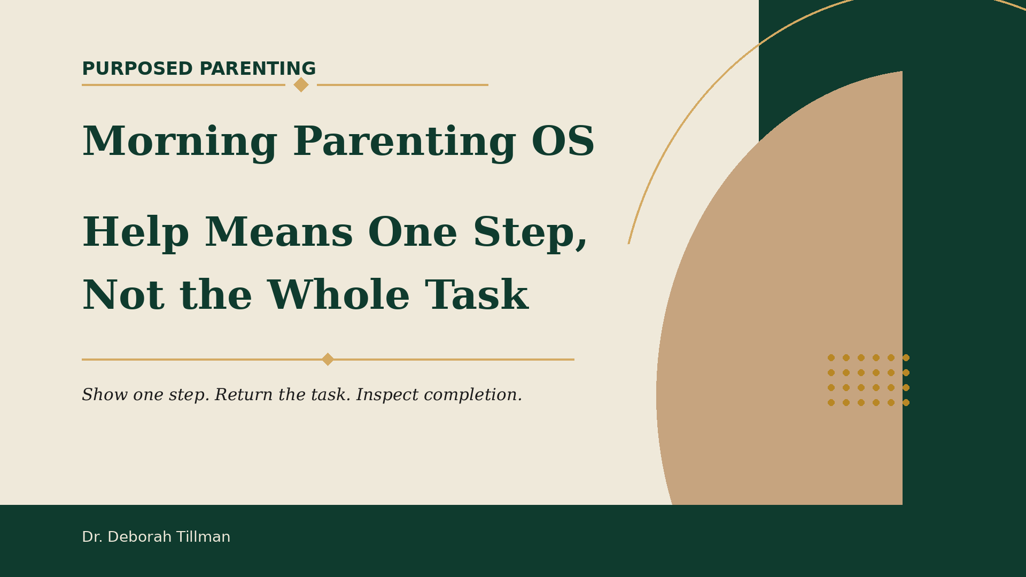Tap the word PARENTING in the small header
[258, 69]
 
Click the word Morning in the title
[180, 142]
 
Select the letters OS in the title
[563, 142]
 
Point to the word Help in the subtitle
[136, 233]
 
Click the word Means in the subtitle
[279, 233]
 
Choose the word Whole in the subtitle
[339, 296]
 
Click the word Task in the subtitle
[477, 296]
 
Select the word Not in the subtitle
[122, 296]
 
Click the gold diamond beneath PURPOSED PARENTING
[301, 84]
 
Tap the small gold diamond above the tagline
[328, 359]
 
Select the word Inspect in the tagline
[388, 396]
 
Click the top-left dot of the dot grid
[831, 357]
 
